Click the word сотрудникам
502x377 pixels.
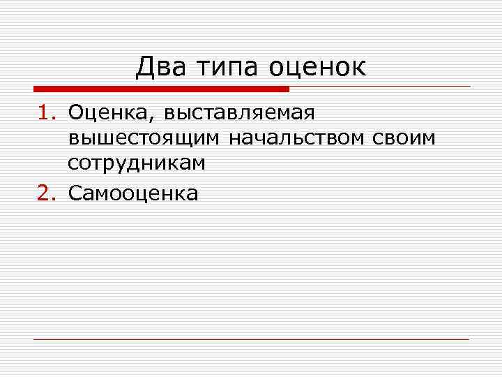click(136, 164)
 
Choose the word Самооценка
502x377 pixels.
click(132, 193)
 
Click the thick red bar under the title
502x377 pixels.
click(160, 89)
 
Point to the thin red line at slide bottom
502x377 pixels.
click(251, 339)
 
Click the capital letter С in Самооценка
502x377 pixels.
click(75, 193)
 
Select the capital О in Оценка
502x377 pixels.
click(75, 112)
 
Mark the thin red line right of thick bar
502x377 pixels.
click(380, 87)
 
